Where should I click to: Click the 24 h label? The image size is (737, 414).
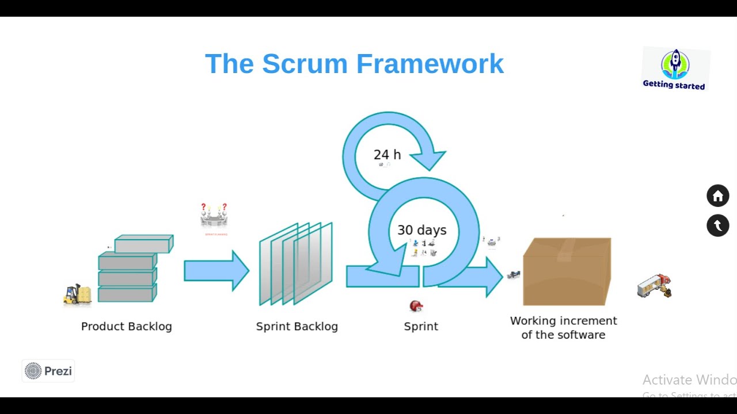(387, 155)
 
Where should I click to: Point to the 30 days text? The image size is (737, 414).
(421, 230)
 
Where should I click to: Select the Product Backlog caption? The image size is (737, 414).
(126, 327)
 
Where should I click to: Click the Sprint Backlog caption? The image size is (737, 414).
(297, 327)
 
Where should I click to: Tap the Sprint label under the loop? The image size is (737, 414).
(421, 327)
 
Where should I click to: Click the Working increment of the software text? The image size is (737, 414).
(563, 328)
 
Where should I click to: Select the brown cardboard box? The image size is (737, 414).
(567, 271)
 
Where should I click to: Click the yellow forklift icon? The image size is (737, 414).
(77, 294)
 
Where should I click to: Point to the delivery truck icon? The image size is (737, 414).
(654, 286)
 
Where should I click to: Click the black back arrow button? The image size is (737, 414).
(717, 226)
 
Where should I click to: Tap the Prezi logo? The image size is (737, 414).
(48, 371)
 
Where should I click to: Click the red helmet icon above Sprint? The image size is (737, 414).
(416, 306)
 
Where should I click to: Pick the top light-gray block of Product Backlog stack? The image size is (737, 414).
(143, 244)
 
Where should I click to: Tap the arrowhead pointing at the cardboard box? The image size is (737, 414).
(493, 277)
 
